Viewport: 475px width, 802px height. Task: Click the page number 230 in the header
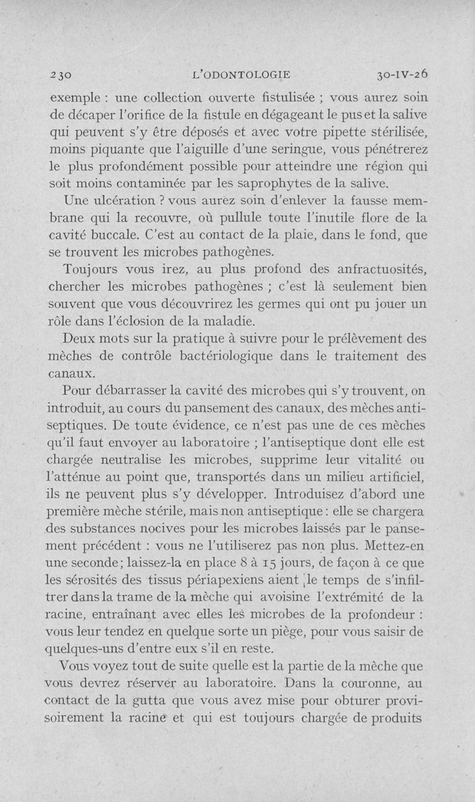(x=61, y=75)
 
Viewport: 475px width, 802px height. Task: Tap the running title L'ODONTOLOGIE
(x=245, y=75)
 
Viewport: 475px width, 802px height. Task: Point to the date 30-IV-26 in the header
(x=401, y=75)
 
